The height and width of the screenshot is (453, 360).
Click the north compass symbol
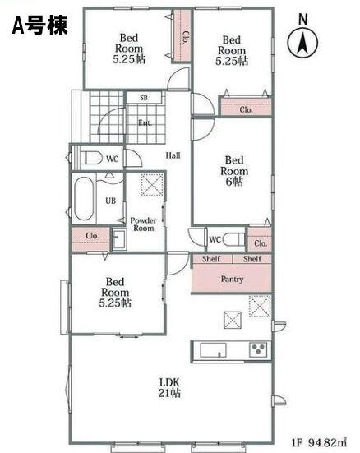[x=302, y=42]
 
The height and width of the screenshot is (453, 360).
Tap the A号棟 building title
[x=39, y=25]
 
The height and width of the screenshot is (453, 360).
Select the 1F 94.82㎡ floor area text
[x=319, y=442]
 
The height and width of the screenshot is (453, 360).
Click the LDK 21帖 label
[x=169, y=388]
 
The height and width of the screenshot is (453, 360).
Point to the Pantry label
[x=232, y=279]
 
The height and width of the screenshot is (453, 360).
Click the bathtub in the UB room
[x=84, y=198]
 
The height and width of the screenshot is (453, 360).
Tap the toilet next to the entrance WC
[x=91, y=158]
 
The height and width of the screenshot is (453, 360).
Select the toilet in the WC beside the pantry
[x=233, y=239]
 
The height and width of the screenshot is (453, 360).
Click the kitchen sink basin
[x=214, y=351]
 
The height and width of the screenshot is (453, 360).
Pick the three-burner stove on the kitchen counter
[x=258, y=350]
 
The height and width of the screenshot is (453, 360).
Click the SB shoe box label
[x=144, y=98]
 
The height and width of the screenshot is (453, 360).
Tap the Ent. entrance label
[x=145, y=122]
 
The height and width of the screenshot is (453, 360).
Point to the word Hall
[x=173, y=155]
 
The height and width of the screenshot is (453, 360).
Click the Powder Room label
[x=144, y=224]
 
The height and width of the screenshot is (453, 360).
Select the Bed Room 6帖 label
[x=234, y=171]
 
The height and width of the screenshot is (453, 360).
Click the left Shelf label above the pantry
[x=211, y=259]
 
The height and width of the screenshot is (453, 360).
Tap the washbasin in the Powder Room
[x=119, y=239]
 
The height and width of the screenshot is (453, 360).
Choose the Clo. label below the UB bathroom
[x=92, y=236]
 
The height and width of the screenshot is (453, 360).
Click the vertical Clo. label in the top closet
[x=185, y=37]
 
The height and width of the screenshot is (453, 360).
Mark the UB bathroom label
[x=111, y=201]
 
